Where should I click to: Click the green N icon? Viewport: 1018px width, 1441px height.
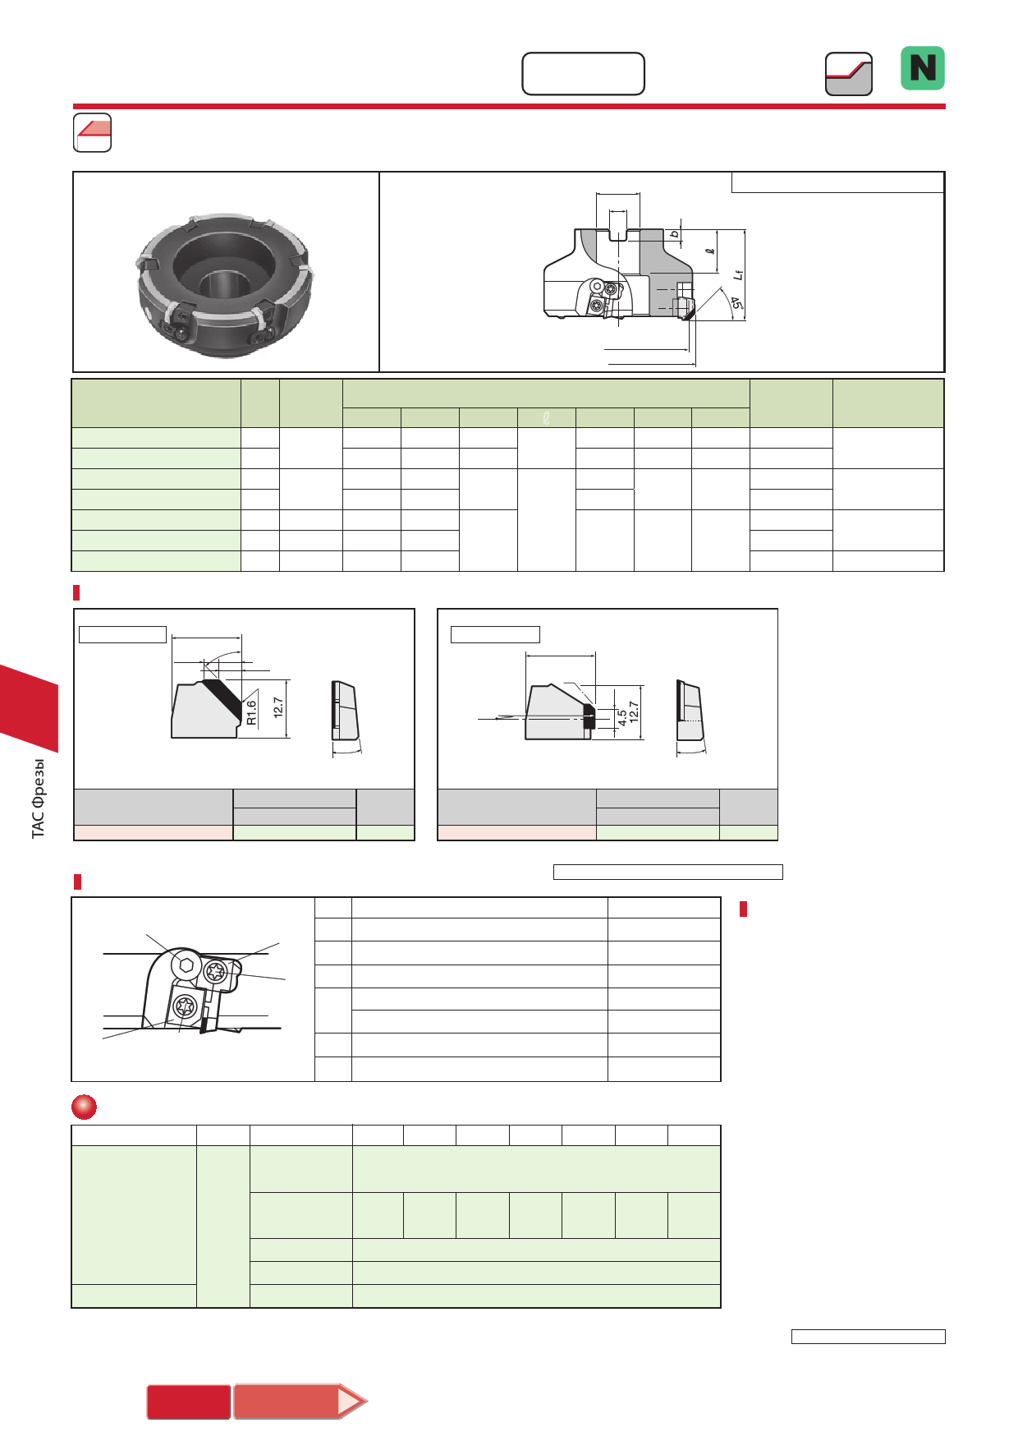pos(923,68)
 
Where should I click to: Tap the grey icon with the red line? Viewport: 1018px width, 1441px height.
pos(848,74)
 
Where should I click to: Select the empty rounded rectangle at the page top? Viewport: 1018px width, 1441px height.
pos(583,74)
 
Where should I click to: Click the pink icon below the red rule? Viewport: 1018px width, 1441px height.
pos(92,132)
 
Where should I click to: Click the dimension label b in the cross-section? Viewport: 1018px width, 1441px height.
pos(675,234)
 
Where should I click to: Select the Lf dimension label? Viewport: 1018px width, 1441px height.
pos(738,274)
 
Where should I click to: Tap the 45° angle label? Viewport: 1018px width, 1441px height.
pos(736,304)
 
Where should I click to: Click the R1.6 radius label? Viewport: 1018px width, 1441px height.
pos(251,712)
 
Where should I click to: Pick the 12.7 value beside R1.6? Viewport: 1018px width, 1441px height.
pos(278,708)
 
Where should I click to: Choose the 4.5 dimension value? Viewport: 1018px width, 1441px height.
pos(622,716)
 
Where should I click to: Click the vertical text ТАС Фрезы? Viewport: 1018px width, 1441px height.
pos(39,799)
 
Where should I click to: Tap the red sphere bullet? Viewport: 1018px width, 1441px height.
pos(84,1107)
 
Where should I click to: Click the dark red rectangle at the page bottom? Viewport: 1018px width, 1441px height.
pos(189,1402)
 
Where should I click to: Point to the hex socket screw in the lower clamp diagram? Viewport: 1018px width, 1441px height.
pos(186,965)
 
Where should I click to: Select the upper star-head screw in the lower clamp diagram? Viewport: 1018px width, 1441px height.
pos(215,972)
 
